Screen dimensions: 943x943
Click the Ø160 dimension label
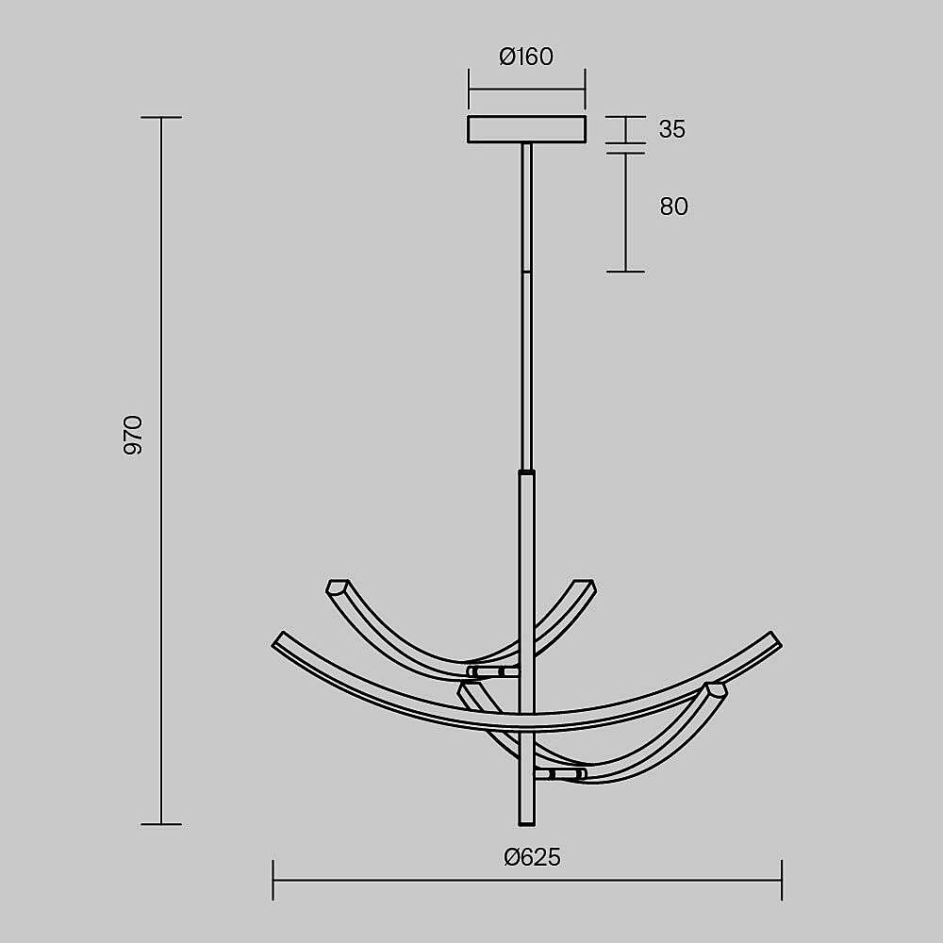pos(526,57)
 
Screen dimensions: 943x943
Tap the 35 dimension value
pos(671,129)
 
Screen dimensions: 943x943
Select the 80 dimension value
pos(673,207)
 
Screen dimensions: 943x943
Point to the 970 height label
pos(133,435)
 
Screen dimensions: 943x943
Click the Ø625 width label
pos(532,857)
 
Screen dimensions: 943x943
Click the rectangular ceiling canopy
pos(527,129)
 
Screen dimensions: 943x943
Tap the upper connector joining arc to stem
pos(492,671)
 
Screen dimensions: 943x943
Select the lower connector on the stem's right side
pos(560,773)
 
